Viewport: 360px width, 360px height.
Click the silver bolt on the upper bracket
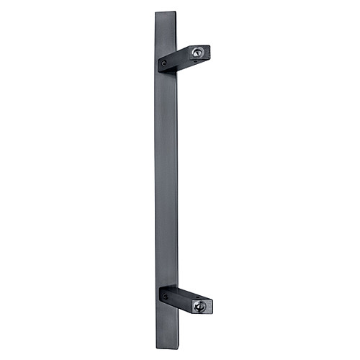point(197,53)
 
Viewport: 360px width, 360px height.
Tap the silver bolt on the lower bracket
point(199,307)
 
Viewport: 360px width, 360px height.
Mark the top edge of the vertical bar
point(165,11)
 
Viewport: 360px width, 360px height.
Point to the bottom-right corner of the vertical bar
point(176,348)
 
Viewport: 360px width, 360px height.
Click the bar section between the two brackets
point(165,180)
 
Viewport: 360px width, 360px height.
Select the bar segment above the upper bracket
point(165,32)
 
